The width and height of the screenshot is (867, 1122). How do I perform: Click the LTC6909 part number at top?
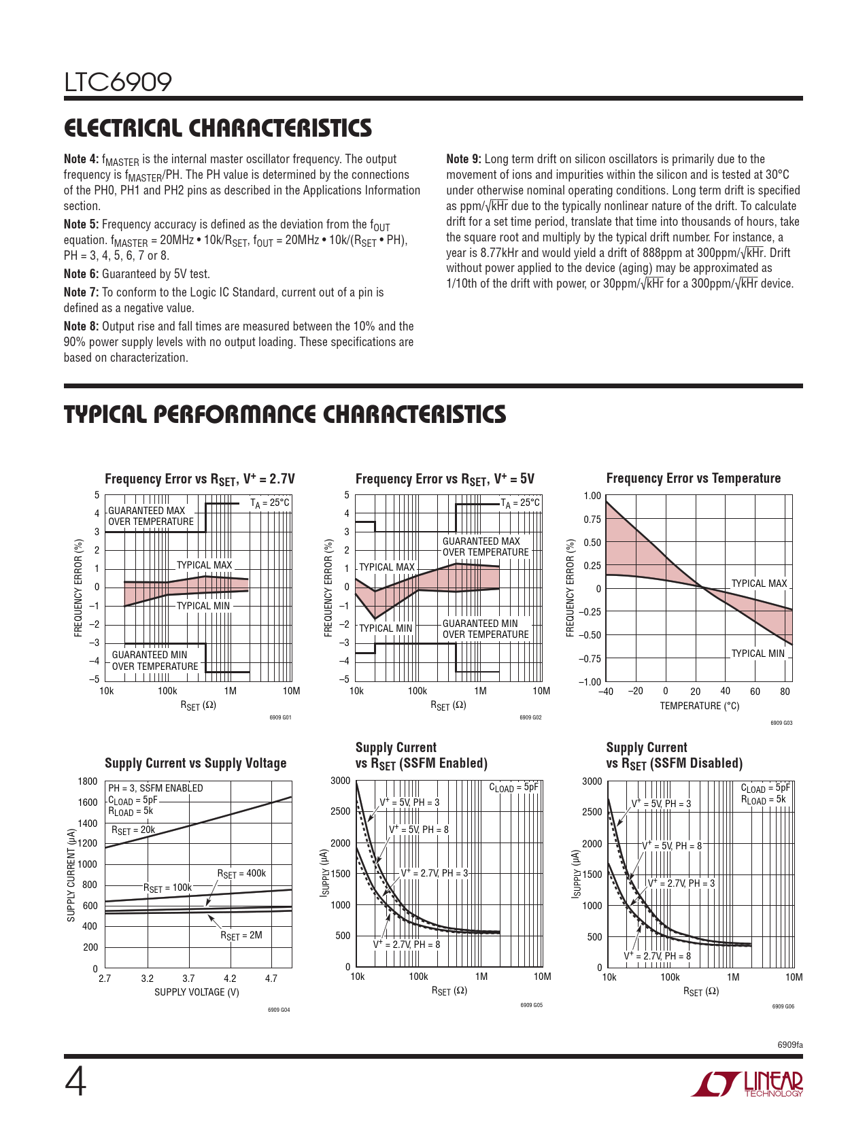click(118, 82)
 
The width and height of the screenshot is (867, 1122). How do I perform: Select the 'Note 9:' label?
click(463, 159)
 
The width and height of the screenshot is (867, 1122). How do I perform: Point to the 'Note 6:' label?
click(81, 274)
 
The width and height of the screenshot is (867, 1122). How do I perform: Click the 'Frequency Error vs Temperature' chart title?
click(693, 479)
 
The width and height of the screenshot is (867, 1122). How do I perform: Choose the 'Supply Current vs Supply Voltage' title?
click(195, 763)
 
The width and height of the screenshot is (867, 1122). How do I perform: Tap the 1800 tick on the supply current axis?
click(88, 781)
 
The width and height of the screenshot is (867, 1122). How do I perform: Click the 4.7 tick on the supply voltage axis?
click(271, 979)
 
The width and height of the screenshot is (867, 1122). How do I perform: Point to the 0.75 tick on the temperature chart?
click(592, 520)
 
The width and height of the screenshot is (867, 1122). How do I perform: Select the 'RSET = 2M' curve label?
click(241, 936)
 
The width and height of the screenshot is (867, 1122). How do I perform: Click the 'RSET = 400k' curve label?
click(241, 874)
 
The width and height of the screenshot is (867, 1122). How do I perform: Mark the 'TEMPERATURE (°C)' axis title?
click(699, 706)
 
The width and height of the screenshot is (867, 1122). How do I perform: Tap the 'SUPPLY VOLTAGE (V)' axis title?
click(197, 992)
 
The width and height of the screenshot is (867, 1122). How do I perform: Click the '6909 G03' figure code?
click(781, 723)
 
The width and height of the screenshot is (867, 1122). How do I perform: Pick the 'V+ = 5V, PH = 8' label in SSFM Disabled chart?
click(672, 846)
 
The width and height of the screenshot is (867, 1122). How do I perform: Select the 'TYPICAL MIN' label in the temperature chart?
click(758, 653)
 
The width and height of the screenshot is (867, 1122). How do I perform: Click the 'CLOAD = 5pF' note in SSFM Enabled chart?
click(513, 787)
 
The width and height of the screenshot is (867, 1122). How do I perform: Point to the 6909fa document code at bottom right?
click(790, 1044)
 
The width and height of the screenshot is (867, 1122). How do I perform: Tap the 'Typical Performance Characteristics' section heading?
click(285, 414)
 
